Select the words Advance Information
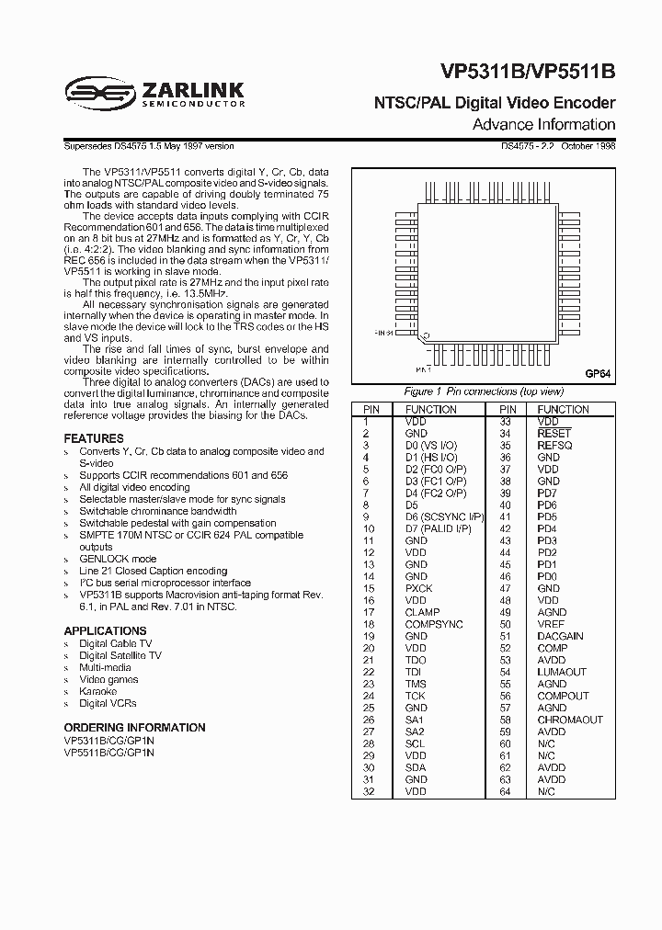point(543,125)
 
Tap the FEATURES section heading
point(94,438)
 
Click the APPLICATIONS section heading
point(105,630)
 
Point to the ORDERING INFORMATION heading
point(134,727)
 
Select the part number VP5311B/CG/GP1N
point(109,740)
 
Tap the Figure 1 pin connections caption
point(484,391)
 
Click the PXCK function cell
point(418,588)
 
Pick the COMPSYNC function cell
point(435,624)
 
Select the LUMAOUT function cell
point(562,672)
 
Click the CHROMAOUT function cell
point(569,720)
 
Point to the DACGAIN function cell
point(560,636)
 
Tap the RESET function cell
point(554,433)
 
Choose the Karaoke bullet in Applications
point(97,691)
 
